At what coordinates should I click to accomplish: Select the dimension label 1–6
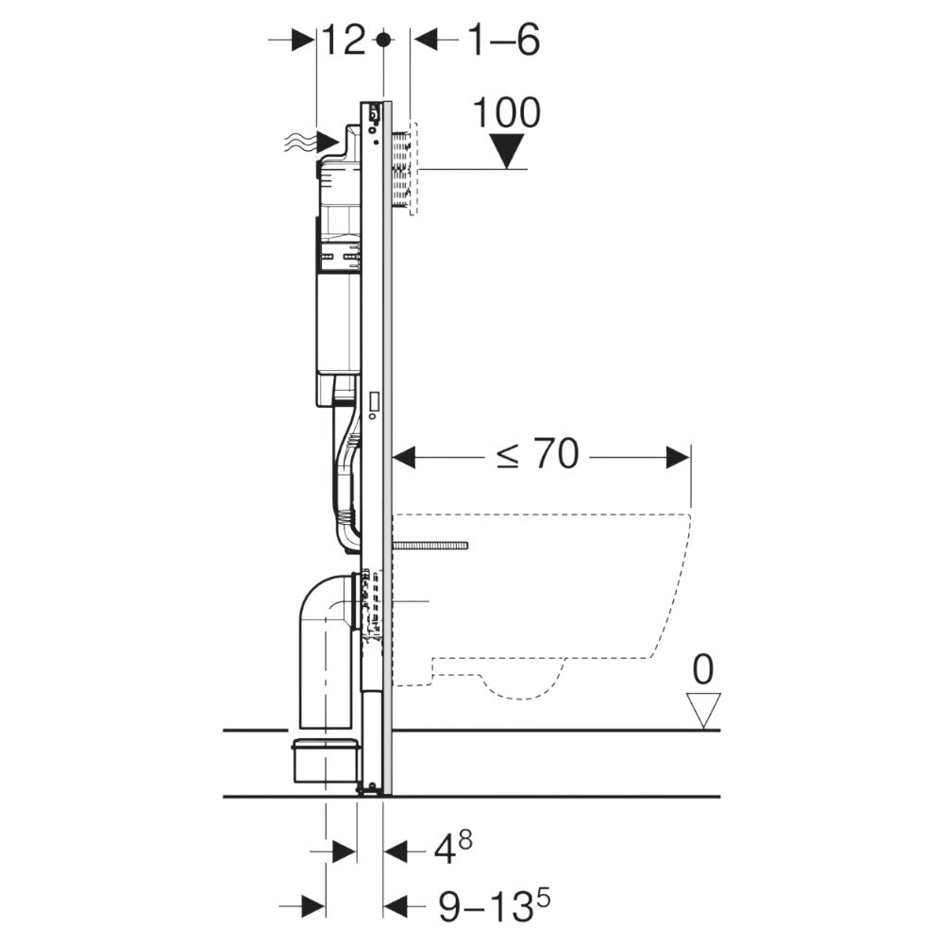[504, 41]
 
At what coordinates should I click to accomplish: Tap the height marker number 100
[507, 112]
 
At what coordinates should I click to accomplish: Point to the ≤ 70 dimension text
[537, 456]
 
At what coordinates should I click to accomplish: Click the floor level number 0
[703, 669]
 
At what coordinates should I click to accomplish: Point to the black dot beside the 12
[382, 40]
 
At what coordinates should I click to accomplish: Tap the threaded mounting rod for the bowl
[430, 546]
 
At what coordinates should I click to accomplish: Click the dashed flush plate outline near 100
[413, 170]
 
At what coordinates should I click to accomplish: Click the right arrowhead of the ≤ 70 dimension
[679, 458]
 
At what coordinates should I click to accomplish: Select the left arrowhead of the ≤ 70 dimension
[404, 458]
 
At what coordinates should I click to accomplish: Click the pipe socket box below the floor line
[326, 759]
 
